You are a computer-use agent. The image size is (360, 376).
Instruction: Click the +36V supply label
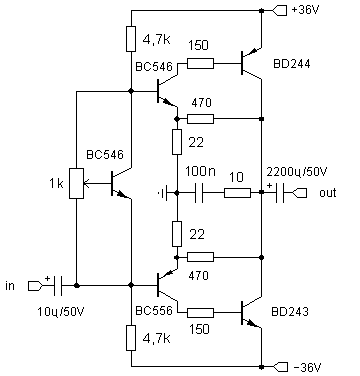[x=305, y=10]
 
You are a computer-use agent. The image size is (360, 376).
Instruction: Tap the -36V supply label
[x=307, y=368]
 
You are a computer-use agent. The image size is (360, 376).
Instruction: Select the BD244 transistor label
[x=291, y=64]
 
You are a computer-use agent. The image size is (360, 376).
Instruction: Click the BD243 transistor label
[x=290, y=312]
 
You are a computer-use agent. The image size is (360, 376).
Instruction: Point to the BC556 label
[x=154, y=311]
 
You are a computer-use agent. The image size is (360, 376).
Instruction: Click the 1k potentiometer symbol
[x=76, y=184]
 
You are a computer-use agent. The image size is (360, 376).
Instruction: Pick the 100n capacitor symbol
[x=199, y=193]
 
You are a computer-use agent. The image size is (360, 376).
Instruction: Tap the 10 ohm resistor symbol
[x=237, y=193]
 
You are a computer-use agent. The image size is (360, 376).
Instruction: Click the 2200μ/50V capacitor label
[x=297, y=172]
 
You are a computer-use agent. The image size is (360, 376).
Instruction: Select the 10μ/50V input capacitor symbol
[x=57, y=286]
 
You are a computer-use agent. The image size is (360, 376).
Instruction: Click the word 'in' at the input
[x=10, y=286]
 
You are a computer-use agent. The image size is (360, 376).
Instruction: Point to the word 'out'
[x=328, y=193]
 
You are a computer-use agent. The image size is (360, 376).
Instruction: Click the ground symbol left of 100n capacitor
[x=163, y=193]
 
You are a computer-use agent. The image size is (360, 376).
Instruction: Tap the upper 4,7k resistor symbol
[x=131, y=39]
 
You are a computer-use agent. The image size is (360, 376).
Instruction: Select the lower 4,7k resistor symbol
[x=131, y=338]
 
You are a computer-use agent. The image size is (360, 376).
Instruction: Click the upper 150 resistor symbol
[x=200, y=63]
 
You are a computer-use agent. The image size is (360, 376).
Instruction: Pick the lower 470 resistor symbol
[x=200, y=257]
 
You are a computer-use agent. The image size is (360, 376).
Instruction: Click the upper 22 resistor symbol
[x=177, y=142]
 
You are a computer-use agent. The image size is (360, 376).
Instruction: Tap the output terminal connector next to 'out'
[x=300, y=193]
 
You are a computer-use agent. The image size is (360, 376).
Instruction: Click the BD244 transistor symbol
[x=251, y=63]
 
